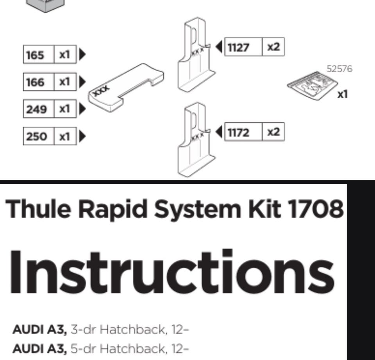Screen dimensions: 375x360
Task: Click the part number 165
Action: [35, 55]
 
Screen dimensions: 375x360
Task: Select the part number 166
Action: [35, 82]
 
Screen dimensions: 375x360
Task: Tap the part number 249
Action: [36, 109]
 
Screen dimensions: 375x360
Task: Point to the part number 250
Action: [36, 137]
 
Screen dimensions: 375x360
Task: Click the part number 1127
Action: [238, 47]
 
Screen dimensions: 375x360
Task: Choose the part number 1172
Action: [238, 132]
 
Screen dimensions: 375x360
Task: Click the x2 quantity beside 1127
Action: [273, 47]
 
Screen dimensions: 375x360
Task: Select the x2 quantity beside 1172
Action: [273, 132]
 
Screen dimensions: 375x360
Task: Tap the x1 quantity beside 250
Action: [64, 137]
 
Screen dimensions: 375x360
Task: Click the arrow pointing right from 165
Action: [82, 55]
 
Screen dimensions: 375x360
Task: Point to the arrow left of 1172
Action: [219, 132]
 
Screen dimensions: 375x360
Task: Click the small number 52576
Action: [339, 69]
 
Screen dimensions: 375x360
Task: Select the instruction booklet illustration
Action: [312, 86]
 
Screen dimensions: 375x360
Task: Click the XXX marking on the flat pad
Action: [101, 91]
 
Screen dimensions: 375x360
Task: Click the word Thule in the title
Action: [38, 209]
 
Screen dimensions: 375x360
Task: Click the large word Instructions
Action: [172, 272]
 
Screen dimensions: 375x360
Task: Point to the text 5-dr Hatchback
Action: [118, 349]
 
